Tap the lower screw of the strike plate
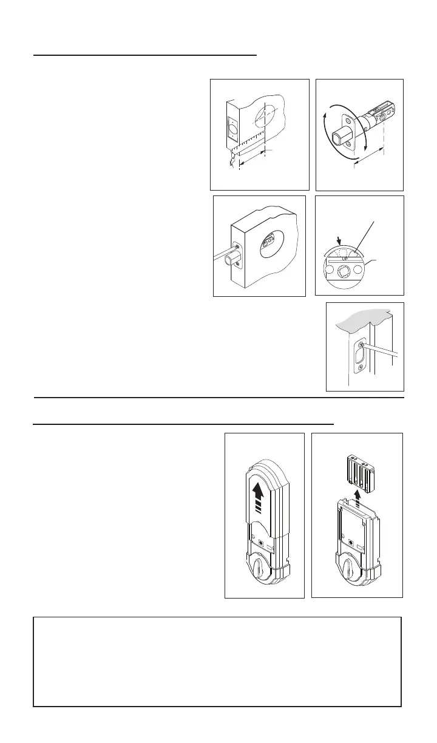click(362, 368)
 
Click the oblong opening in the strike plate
click(359, 356)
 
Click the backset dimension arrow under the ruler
click(252, 160)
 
